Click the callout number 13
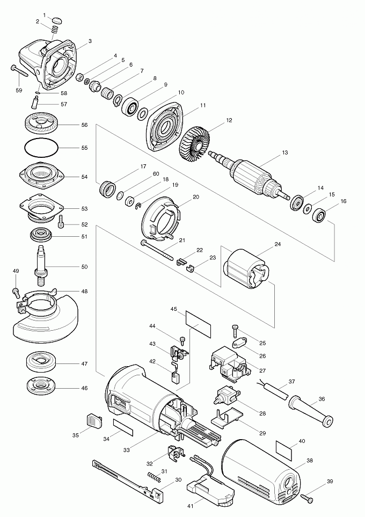(x=285, y=153)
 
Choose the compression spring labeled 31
(x=154, y=475)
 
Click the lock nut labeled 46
(x=41, y=385)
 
